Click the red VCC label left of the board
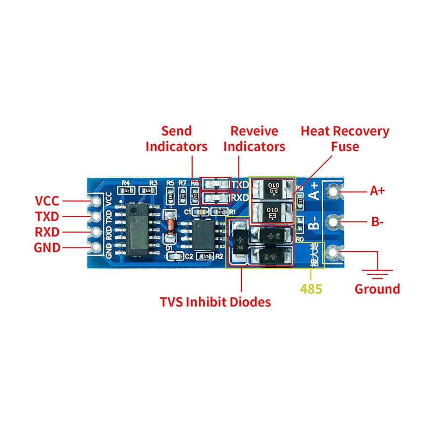[47, 201]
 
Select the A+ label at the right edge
[377, 191]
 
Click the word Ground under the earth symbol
[377, 289]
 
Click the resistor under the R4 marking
[126, 190]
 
